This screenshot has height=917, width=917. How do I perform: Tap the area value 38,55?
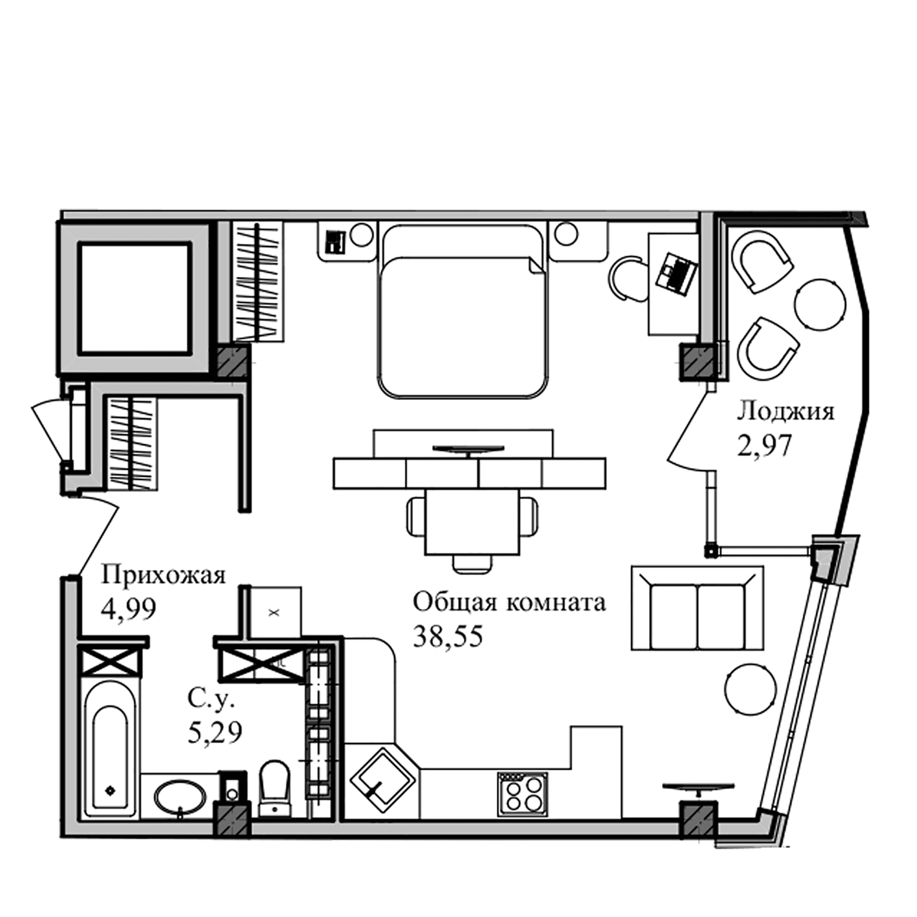click(447, 636)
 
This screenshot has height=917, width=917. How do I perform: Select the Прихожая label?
click(163, 576)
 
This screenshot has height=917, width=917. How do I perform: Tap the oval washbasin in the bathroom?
click(180, 799)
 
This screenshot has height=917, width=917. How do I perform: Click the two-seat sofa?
click(697, 608)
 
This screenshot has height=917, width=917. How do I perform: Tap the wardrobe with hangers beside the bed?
click(258, 282)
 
